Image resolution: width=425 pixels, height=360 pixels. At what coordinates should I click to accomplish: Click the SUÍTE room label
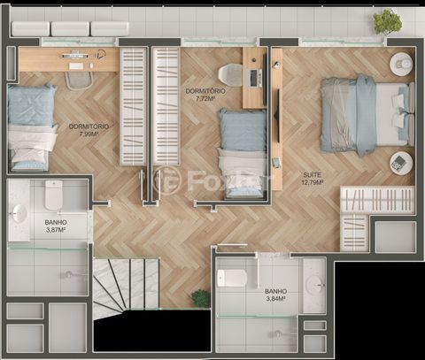pos(313,175)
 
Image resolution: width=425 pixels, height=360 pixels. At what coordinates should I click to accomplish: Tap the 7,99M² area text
pos(89,134)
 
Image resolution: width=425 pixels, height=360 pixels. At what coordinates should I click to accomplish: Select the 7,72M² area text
pos(205,99)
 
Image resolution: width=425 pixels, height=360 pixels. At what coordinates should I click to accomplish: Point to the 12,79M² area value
pos(313,182)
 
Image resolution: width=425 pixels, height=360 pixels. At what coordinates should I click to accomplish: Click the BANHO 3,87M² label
pos(56,226)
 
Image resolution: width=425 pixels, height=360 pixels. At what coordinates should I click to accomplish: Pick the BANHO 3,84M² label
pos(275,295)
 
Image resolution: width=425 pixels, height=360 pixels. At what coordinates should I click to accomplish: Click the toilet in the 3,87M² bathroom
pos(53,195)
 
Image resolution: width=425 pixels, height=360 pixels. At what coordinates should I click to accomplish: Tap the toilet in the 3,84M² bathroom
pos(232,279)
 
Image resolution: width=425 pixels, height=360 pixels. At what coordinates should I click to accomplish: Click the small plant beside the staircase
pos(200,297)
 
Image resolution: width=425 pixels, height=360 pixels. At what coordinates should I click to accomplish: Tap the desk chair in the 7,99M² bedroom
pos(79,80)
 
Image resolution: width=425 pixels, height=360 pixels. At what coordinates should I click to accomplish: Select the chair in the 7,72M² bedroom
pos(230,74)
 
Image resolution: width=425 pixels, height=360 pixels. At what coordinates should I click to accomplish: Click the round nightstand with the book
pos(401,164)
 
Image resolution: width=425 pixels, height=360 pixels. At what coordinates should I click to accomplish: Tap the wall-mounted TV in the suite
pos(277,115)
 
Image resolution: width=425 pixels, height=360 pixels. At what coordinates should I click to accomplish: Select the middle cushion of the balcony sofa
pos(70,29)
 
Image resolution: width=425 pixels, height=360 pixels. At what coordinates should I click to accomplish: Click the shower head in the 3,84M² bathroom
pos(278,334)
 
